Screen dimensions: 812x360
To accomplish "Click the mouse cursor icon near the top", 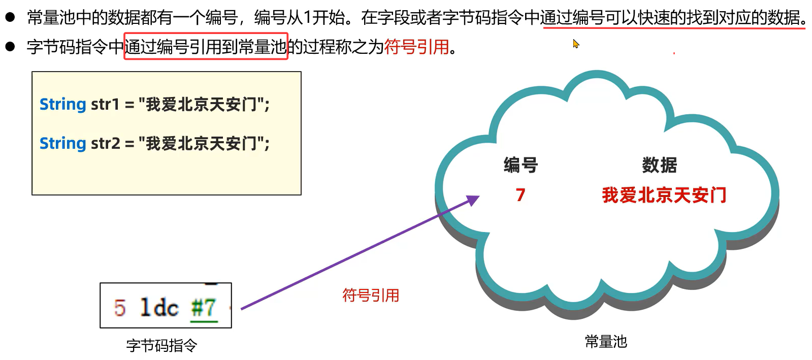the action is click(575, 44).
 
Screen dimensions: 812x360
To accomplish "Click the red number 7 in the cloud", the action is click(520, 195).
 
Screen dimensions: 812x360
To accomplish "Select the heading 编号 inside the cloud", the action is click(521, 165).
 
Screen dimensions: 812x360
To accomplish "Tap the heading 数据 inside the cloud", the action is click(659, 165).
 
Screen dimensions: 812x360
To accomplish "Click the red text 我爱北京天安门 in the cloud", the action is click(664, 195).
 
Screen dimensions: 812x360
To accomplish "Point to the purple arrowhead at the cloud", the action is click(473, 200).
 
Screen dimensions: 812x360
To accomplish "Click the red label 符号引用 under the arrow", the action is click(371, 295).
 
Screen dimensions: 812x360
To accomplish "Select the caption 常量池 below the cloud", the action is click(606, 341).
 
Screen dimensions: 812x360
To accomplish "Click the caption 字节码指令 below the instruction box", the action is click(161, 345).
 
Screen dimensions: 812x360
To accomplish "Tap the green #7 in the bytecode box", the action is click(204, 308).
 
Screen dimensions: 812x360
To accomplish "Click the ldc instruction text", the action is click(159, 308).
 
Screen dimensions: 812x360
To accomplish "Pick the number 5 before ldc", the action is click(119, 308).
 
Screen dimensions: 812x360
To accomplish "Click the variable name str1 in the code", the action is click(105, 104).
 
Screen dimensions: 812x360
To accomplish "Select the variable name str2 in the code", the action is click(105, 143).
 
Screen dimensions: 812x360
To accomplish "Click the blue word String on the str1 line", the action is click(63, 104).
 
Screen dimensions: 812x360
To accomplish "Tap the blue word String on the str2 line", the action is click(63, 143).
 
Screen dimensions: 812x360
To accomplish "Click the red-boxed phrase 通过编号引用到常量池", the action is click(206, 46).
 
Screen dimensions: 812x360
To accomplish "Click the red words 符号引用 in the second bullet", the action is click(416, 47).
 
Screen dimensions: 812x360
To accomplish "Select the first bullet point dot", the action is click(10, 17).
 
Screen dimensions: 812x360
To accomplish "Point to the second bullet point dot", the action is click(10, 47).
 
